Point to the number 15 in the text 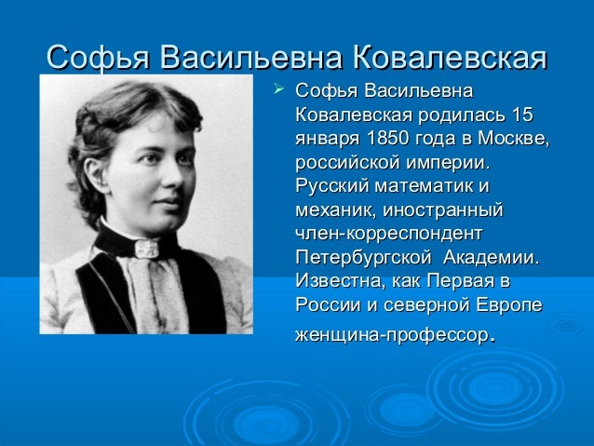(x=523, y=116)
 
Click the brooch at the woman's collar (x=145, y=248)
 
